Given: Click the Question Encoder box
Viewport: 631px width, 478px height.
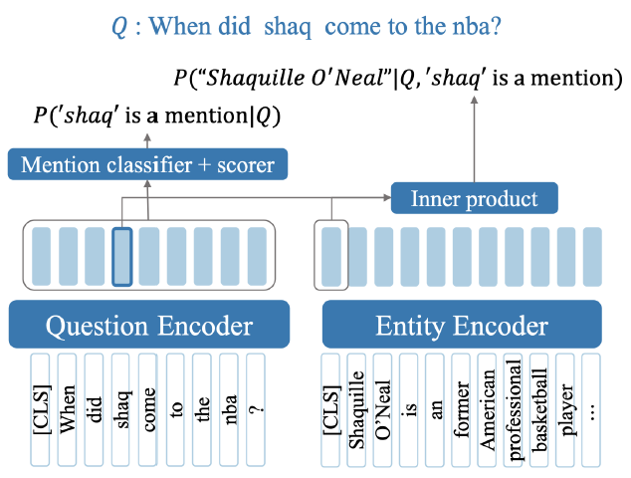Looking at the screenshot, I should click(x=148, y=326).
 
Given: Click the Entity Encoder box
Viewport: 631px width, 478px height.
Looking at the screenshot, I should click(x=461, y=326).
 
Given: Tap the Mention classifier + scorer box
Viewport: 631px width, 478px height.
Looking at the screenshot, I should click(x=147, y=164).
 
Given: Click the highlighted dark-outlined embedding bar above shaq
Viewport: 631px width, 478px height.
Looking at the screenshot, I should click(x=122, y=257).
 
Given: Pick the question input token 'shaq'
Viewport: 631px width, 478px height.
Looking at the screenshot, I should click(x=122, y=408).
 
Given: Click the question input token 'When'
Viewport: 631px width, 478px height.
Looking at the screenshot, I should click(x=69, y=408).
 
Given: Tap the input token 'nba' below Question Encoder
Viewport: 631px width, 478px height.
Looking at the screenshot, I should click(x=230, y=408).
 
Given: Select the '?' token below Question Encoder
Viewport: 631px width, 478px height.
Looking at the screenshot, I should click(x=257, y=408).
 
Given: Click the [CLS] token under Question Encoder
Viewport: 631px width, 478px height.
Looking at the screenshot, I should click(x=42, y=408).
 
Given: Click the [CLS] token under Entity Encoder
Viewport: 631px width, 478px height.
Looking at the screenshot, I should click(x=331, y=408).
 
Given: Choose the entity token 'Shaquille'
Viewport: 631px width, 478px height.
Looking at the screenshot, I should click(x=357, y=408).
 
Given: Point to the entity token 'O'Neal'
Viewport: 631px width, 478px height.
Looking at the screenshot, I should click(x=383, y=408).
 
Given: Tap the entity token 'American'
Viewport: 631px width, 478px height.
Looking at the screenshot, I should click(x=487, y=408).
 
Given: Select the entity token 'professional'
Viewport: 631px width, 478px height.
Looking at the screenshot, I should click(x=513, y=408).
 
